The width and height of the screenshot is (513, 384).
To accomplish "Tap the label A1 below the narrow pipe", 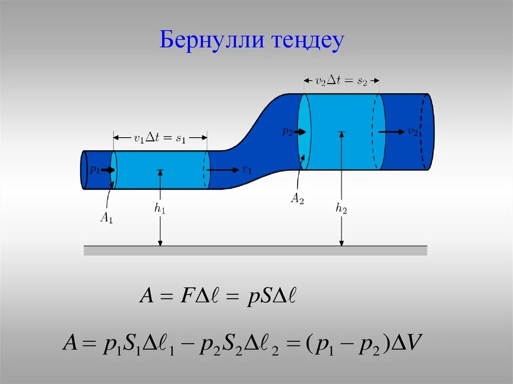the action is click(107, 218).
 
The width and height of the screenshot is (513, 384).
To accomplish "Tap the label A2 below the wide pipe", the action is click(298, 199).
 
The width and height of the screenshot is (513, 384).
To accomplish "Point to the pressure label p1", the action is click(95, 170).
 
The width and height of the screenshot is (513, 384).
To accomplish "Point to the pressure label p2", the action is click(287, 132).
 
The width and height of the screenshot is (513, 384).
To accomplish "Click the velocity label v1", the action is click(246, 170).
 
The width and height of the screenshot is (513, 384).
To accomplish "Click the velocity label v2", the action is click(413, 132).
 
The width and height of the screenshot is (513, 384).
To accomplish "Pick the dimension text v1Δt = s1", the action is click(160, 139).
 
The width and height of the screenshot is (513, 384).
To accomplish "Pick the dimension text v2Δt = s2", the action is click(342, 80).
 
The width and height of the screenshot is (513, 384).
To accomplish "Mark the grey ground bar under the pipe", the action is click(255, 251).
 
